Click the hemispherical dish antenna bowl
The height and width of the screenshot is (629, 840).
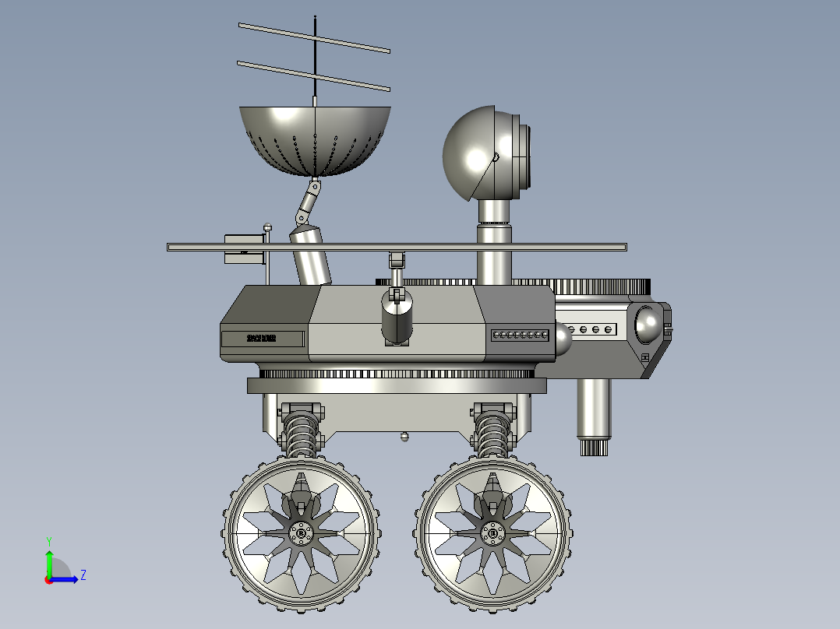pyautogui.click(x=314, y=140)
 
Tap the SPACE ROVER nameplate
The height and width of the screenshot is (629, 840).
pyautogui.click(x=263, y=339)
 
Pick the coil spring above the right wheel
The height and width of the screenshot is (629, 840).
pyautogui.click(x=492, y=436)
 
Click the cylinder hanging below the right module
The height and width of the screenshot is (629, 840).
pyautogui.click(x=594, y=413)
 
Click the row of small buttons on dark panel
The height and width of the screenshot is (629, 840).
pyautogui.click(x=520, y=336)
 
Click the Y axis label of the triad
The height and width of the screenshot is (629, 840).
pyautogui.click(x=48, y=540)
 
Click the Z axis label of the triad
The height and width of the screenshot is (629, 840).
pyautogui.click(x=83, y=575)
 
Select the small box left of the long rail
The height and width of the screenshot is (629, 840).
pyautogui.click(x=244, y=248)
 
